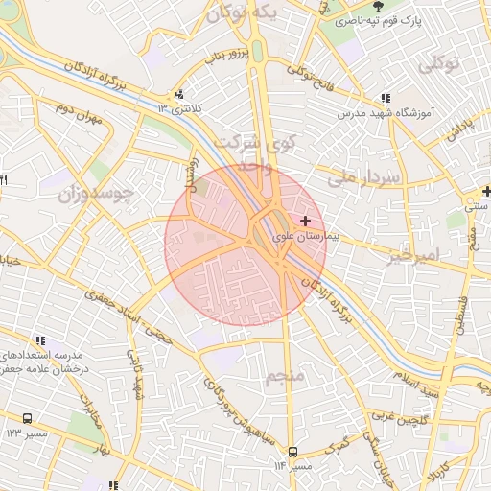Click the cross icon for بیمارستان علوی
tap(306, 221)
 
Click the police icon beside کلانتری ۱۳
tap(179, 94)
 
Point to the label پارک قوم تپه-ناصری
tap(409, 19)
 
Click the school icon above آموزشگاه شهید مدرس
tap(386, 98)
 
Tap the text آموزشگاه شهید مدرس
tap(386, 112)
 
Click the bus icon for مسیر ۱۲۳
tap(27, 419)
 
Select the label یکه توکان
tap(248, 13)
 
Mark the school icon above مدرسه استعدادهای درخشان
tap(39, 339)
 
